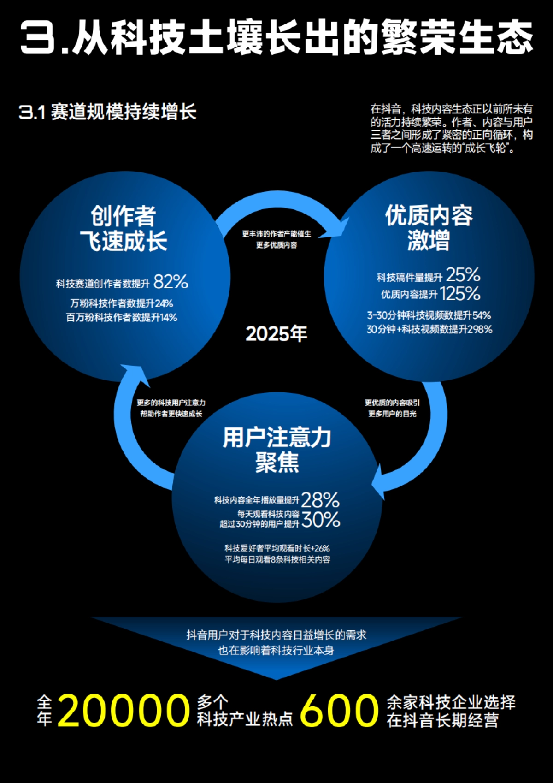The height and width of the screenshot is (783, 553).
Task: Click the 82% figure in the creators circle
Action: coord(171,282)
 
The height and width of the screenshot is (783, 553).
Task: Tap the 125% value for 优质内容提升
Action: coord(460,294)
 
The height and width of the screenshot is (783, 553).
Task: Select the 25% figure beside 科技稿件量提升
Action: coord(463,275)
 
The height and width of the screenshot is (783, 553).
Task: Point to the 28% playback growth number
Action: coord(320,500)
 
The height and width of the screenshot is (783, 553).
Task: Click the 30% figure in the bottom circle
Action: coord(321,520)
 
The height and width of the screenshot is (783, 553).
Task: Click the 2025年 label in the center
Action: coord(276,334)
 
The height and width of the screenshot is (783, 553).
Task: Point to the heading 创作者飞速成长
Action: coord(124,228)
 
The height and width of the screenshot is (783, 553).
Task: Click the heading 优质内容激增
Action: coord(429,228)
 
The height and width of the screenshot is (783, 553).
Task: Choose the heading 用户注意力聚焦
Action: coord(277,450)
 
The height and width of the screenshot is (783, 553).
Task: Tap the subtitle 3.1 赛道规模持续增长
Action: coord(107,112)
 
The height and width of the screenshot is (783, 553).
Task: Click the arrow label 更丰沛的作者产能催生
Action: coord(276,234)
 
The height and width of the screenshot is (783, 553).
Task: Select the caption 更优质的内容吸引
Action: coord(392,403)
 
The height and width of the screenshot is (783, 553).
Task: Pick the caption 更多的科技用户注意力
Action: coord(171,403)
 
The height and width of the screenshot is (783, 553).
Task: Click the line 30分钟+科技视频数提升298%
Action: coord(429,329)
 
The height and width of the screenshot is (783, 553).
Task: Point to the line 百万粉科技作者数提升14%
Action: coord(122,317)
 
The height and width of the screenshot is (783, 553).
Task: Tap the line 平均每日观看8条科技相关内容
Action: coord(277,559)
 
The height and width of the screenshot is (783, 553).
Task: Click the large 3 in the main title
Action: coord(38,37)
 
